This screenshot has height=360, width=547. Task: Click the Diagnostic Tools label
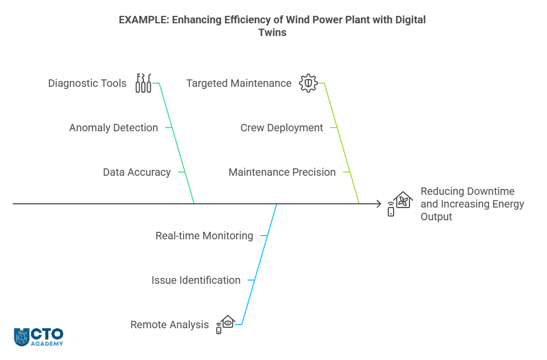coord(87,83)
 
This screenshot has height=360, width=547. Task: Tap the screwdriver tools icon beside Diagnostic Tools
coord(143,83)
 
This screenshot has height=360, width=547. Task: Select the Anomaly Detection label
coord(113,128)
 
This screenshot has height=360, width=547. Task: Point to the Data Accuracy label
coord(136,172)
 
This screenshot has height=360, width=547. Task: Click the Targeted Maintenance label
coord(239,83)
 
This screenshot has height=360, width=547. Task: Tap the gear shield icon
coord(308,83)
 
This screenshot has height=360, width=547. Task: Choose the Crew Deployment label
coord(281,128)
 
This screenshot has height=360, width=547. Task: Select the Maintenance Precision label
coord(282,172)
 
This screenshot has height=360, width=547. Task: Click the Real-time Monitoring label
coord(204,236)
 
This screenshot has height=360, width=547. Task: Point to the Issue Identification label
coord(196,280)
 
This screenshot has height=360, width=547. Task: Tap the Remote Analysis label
coord(169,325)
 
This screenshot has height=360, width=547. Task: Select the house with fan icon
coord(400,204)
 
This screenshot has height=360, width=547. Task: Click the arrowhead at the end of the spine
coord(379,204)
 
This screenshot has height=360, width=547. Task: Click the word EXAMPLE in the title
coord(143,20)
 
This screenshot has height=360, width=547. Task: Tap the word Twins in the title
coord(272,32)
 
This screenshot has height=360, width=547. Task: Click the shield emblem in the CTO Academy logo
coord(21,337)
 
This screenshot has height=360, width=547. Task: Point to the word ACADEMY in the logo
coord(47,344)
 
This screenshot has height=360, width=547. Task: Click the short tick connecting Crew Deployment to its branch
coord(334,128)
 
